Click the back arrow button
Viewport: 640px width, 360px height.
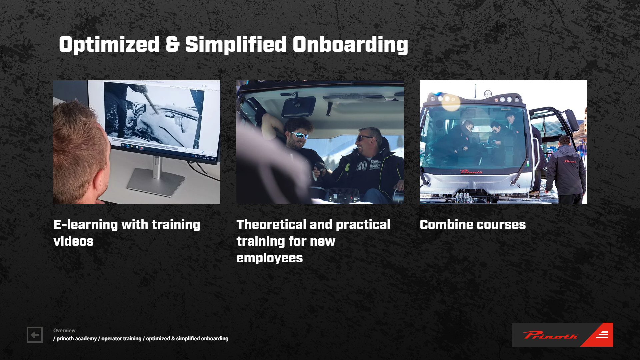(35, 335)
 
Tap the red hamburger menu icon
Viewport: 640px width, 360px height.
(602, 335)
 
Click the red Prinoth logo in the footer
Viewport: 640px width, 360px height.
(550, 335)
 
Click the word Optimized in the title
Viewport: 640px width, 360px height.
(109, 45)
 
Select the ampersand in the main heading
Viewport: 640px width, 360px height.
(172, 44)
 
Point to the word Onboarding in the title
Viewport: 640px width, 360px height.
(350, 45)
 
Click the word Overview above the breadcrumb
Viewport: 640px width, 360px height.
(64, 330)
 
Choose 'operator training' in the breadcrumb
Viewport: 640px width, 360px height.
(121, 338)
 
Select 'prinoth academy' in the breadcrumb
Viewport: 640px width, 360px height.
(77, 338)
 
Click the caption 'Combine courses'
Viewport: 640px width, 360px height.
(473, 224)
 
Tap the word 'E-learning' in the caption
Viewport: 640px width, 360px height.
(86, 224)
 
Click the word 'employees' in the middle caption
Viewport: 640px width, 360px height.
(270, 258)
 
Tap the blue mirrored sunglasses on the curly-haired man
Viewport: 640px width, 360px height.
(299, 135)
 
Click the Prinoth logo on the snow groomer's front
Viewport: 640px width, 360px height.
(471, 172)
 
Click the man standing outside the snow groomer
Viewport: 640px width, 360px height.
(566, 170)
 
